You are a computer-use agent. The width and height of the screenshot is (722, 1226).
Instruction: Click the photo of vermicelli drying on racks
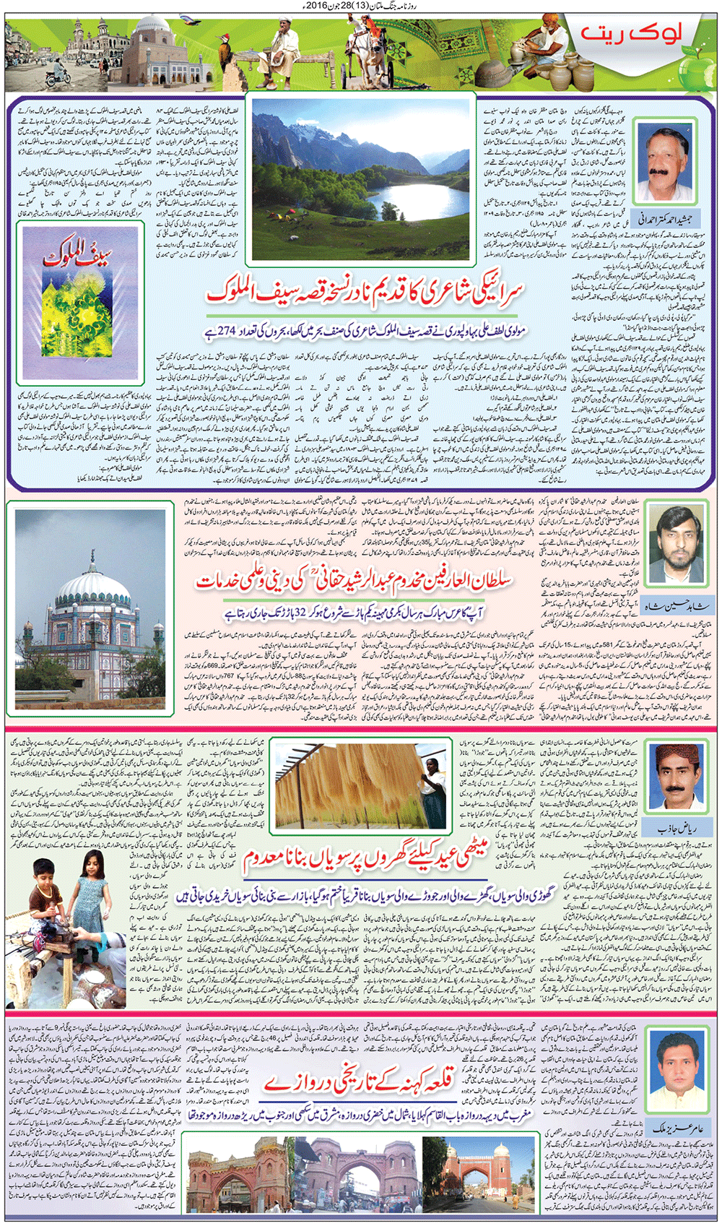click(360, 784)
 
